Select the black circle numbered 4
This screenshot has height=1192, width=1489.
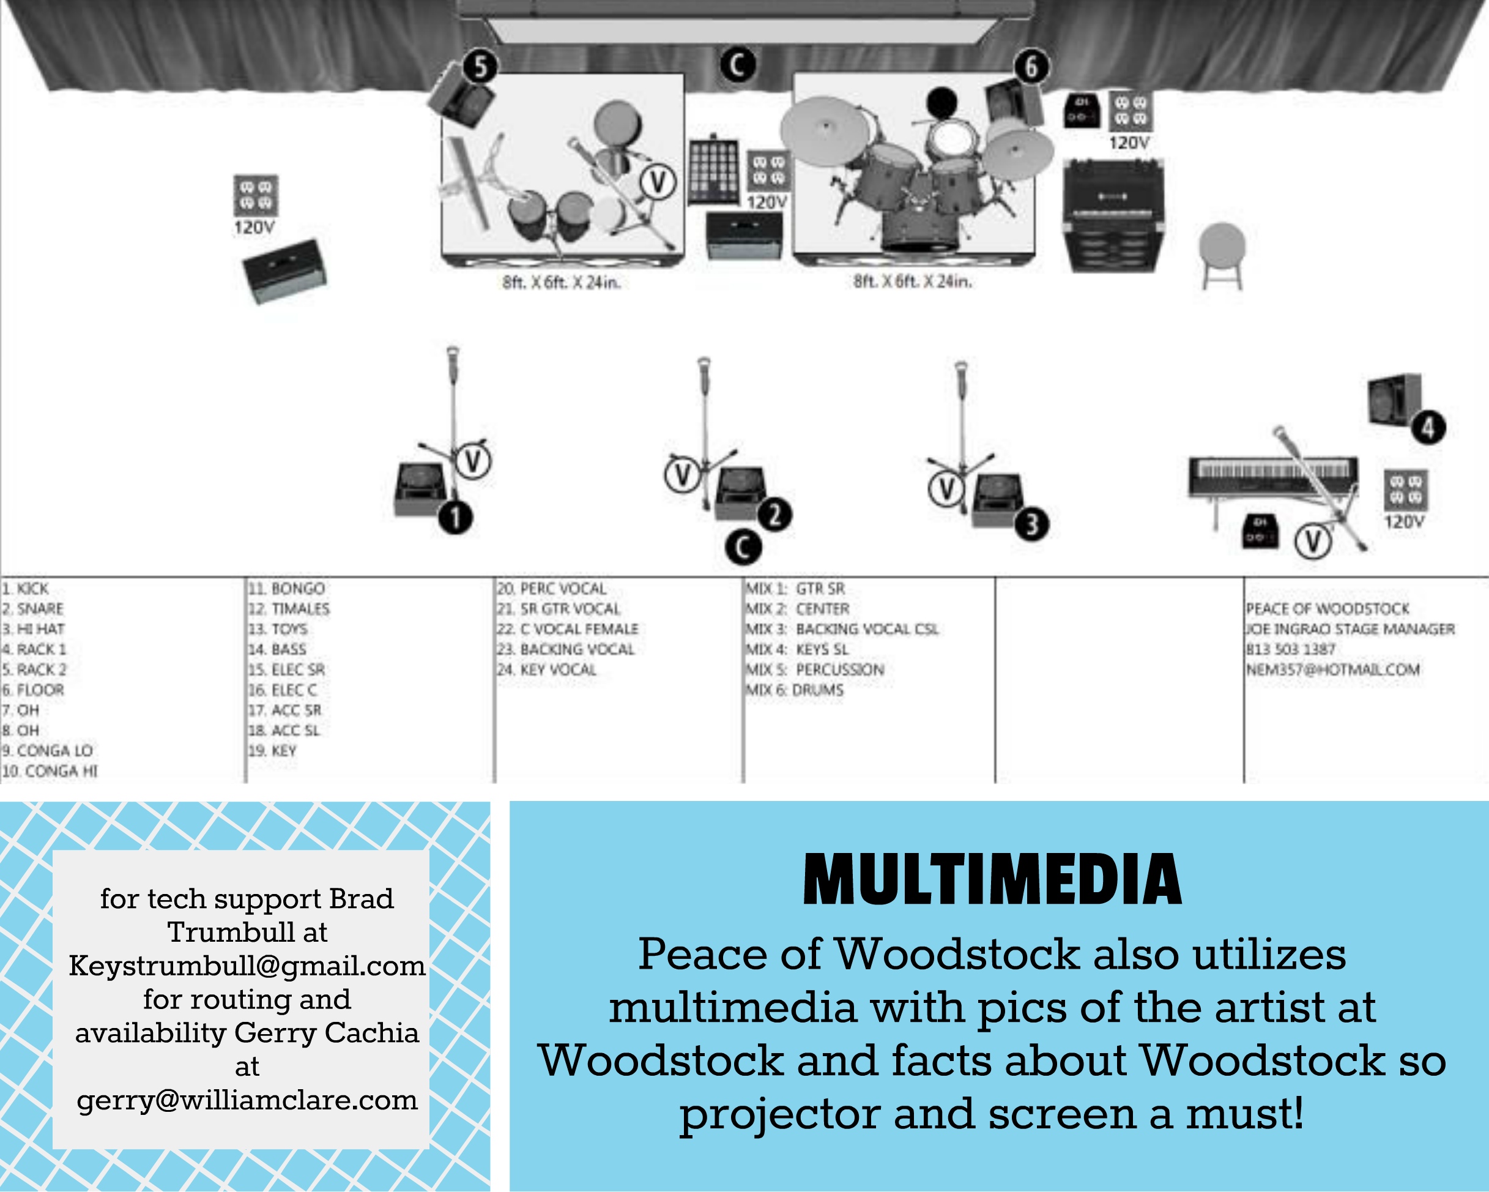click(1428, 428)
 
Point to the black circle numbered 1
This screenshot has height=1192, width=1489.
click(455, 517)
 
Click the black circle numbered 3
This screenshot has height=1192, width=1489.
click(1031, 524)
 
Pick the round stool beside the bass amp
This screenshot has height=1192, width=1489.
click(1222, 253)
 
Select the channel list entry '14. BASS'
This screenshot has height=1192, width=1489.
click(277, 649)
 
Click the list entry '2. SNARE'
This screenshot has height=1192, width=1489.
click(32, 609)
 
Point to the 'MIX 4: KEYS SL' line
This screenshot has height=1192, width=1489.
click(796, 649)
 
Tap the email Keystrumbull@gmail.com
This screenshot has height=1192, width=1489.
click(247, 966)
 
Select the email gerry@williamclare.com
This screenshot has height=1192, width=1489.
click(247, 1100)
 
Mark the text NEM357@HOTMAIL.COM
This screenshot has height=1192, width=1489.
click(1332, 669)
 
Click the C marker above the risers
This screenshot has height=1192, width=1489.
click(738, 65)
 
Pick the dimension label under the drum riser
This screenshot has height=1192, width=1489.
click(912, 281)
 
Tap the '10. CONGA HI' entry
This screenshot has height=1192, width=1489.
click(49, 771)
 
